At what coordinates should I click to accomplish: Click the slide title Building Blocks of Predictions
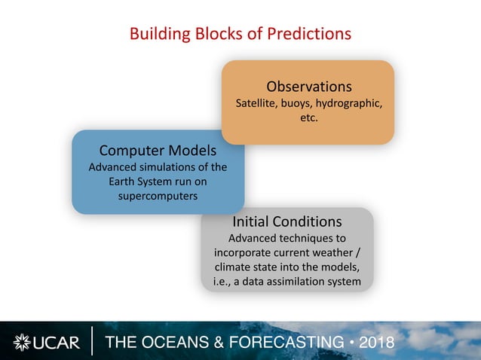240,34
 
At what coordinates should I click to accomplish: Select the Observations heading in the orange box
308,85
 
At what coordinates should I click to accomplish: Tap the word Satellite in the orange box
256,103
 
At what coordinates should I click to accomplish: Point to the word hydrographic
350,103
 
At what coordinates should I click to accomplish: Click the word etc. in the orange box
308,118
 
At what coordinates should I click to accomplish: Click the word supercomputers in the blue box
158,196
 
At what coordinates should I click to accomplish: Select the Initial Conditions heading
286,221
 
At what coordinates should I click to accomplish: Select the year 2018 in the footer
376,343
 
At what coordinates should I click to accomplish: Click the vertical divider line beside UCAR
93,341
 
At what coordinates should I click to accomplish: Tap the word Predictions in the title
311,34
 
